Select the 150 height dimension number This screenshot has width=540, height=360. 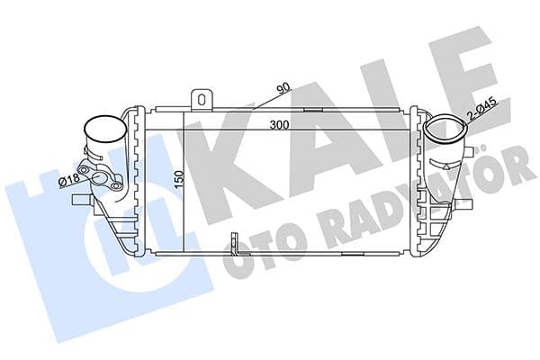[x=179, y=179]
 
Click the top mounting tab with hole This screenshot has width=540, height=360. [x=204, y=96]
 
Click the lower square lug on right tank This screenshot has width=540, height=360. [x=440, y=213]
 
